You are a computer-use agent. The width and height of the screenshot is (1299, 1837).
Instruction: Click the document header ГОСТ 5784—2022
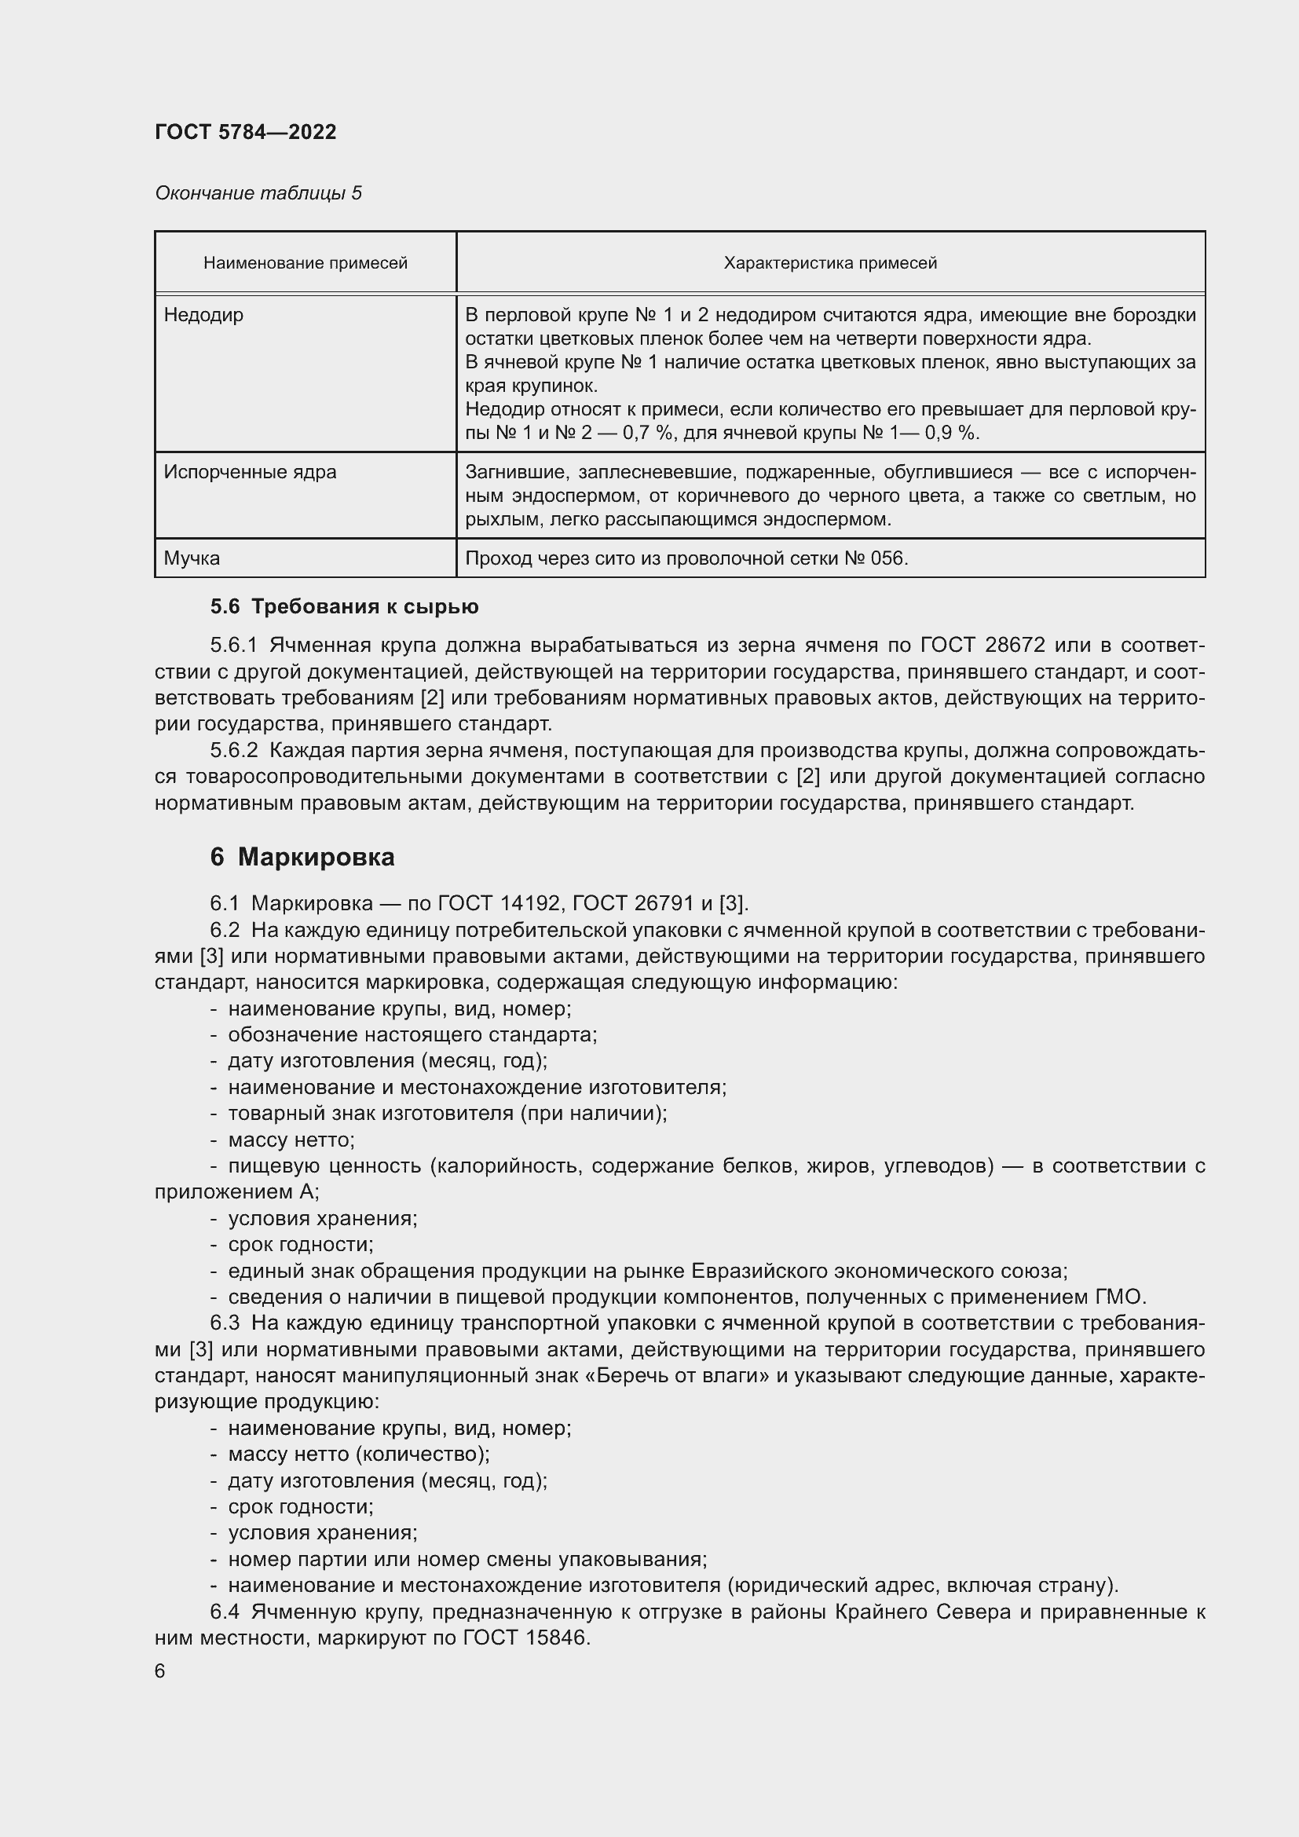[246, 132]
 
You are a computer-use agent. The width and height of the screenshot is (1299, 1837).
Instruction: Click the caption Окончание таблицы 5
[258, 193]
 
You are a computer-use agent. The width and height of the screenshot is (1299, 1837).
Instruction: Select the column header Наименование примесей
[306, 263]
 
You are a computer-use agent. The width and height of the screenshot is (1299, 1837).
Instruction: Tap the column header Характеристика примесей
[830, 263]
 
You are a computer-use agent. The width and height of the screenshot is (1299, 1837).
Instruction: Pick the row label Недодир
[204, 315]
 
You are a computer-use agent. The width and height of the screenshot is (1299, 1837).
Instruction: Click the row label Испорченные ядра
[251, 472]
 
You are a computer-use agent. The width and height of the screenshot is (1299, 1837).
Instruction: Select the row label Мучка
[192, 558]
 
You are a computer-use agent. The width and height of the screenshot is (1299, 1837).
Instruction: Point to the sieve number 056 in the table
[888, 558]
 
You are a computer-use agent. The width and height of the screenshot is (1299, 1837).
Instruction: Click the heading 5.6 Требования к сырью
[345, 606]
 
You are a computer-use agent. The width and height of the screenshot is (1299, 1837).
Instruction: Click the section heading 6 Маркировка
[302, 858]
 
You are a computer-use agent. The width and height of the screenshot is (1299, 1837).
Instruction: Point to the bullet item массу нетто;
[291, 1140]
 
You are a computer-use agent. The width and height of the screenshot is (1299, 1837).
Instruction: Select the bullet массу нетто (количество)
[358, 1454]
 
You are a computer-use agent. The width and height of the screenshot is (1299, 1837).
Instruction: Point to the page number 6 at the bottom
[160, 1671]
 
